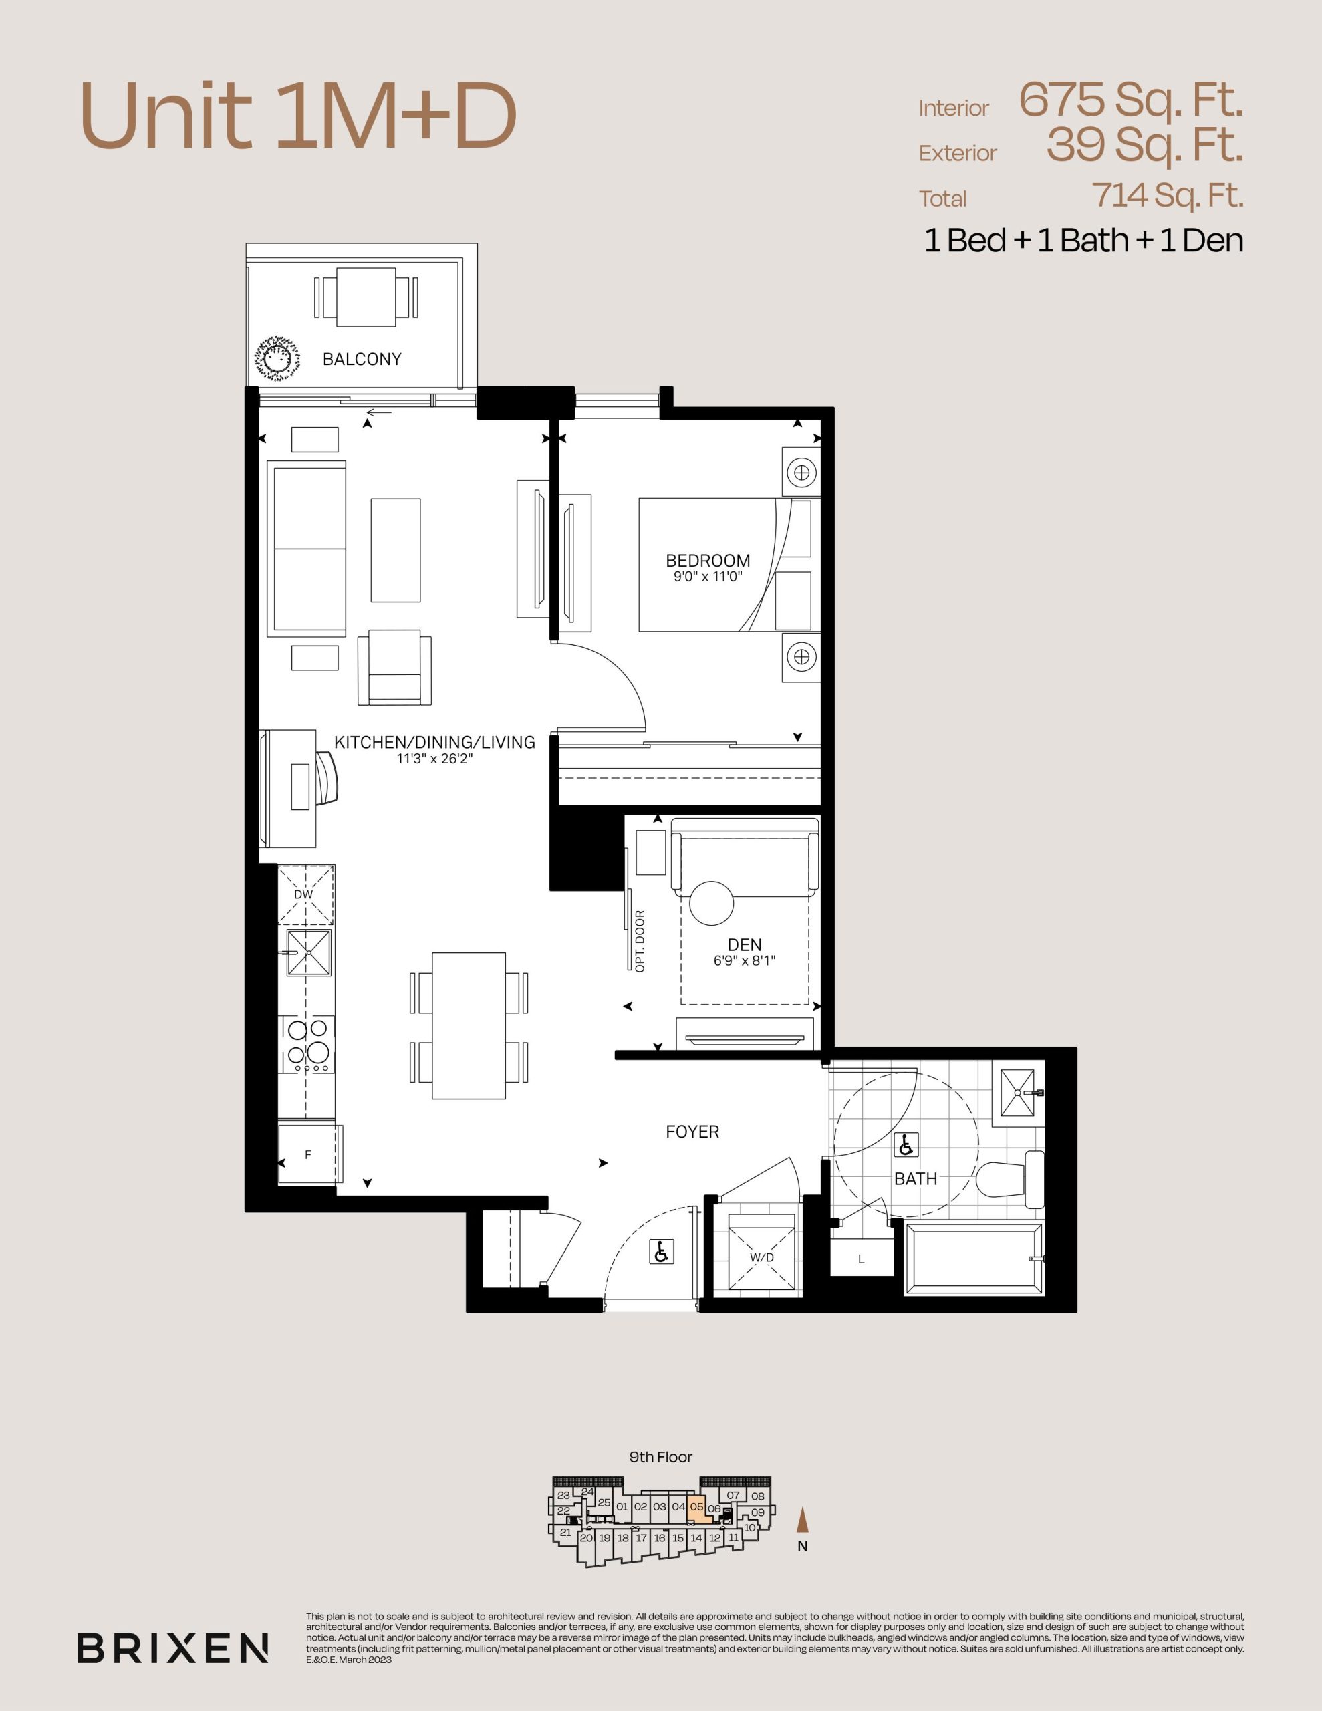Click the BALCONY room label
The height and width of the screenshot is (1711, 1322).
[x=362, y=359]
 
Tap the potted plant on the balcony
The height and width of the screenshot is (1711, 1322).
[x=277, y=360]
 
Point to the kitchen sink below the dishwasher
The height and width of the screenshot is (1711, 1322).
[x=309, y=952]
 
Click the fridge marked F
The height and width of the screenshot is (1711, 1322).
[x=310, y=1154]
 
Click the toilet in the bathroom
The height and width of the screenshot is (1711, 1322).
[x=1011, y=1178]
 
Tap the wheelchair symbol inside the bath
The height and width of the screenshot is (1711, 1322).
[x=906, y=1146]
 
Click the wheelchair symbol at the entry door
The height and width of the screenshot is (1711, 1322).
[x=662, y=1252]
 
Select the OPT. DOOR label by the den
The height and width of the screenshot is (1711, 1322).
[x=640, y=941]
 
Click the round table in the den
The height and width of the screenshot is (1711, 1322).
[x=712, y=904]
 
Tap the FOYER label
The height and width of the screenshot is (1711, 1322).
[x=692, y=1132]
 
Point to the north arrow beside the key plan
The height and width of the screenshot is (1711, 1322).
[x=801, y=1520]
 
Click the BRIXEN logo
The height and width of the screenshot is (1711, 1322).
[x=172, y=1648]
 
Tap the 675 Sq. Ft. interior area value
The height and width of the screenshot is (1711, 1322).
[x=1131, y=100]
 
